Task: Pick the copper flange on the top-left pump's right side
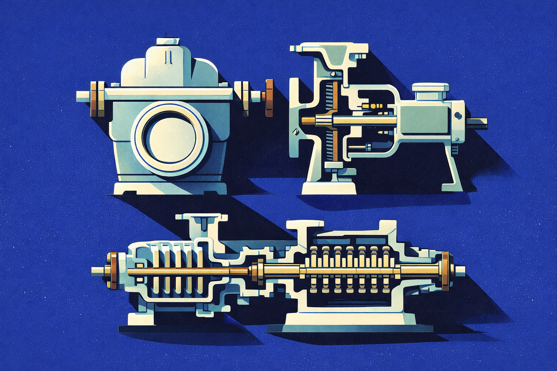tap(269, 98)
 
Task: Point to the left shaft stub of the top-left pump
tap(83, 96)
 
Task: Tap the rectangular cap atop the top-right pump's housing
tap(430, 88)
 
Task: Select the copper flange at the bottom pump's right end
tap(445, 271)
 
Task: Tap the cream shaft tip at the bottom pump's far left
tap(97, 270)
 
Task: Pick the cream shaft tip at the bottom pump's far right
tap(460, 271)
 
